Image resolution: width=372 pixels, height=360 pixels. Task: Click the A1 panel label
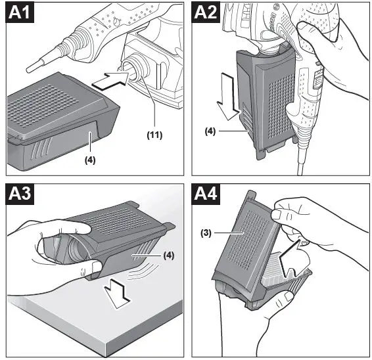click(20, 12)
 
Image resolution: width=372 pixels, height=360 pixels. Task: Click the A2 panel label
click(206, 12)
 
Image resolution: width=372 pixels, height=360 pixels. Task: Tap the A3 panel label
click(20, 194)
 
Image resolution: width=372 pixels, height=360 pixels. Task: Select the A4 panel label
click(206, 194)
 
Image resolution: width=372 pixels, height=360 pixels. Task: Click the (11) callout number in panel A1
click(154, 135)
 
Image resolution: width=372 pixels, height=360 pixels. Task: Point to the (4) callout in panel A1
click(90, 160)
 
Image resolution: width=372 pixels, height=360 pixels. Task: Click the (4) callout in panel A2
click(210, 131)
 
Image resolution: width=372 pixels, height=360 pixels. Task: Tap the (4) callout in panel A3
click(169, 256)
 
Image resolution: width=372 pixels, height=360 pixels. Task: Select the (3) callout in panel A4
click(206, 233)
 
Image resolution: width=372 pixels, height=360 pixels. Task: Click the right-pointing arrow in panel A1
click(110, 81)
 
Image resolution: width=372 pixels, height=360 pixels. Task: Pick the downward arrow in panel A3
click(118, 294)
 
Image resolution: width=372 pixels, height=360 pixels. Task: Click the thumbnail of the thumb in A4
click(276, 215)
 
